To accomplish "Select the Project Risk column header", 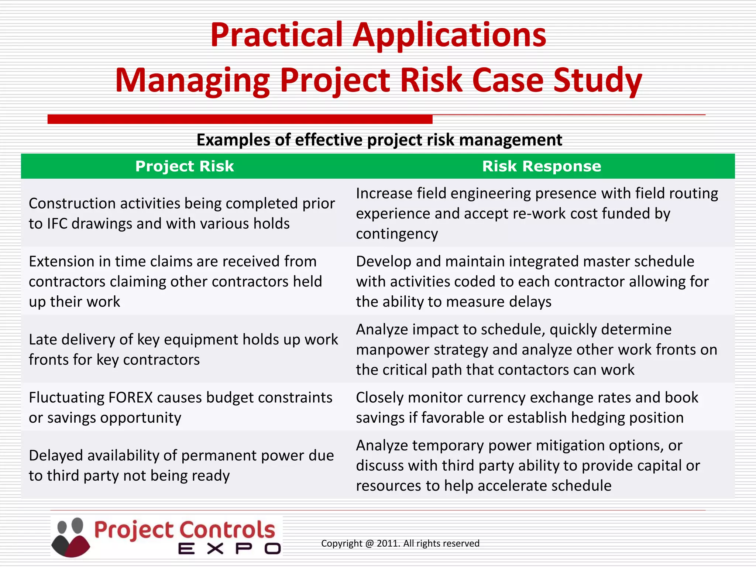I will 185,166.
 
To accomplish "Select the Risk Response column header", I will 542,166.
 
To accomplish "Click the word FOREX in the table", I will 130,398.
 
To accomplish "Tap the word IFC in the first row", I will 57,224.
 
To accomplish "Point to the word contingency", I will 397,234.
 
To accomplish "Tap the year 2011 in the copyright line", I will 388,543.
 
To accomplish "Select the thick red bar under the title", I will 240,119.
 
